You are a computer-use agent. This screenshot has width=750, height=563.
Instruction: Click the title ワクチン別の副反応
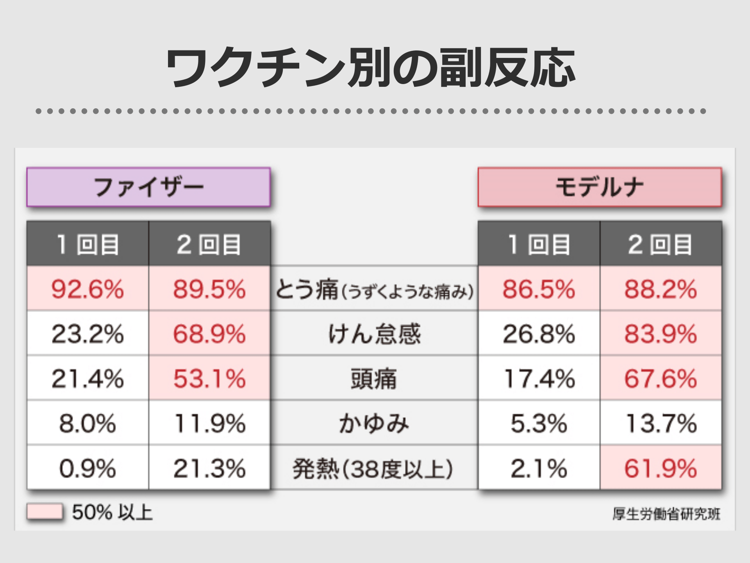(370, 67)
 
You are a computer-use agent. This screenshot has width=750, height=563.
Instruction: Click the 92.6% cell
(87, 289)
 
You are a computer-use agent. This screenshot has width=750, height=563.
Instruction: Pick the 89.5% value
(209, 289)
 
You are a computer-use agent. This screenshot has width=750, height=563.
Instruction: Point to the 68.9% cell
(209, 334)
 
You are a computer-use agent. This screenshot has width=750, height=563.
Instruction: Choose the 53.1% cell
(209, 378)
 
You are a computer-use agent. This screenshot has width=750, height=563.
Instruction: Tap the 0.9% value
(87, 468)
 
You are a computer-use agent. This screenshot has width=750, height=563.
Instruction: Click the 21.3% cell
(209, 468)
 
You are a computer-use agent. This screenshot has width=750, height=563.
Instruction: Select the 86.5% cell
(539, 289)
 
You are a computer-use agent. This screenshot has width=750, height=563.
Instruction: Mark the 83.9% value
(661, 334)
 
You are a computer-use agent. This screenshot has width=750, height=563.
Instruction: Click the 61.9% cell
(661, 468)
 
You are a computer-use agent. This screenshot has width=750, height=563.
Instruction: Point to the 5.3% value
(539, 423)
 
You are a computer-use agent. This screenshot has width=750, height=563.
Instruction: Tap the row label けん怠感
(374, 334)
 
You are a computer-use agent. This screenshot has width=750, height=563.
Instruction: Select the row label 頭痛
(374, 379)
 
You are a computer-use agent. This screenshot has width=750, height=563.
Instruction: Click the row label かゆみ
(374, 423)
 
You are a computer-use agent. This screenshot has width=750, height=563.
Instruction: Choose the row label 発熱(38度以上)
(373, 468)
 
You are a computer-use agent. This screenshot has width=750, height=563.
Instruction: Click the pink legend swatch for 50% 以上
(45, 511)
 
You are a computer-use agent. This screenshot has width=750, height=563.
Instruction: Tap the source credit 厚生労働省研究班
(666, 514)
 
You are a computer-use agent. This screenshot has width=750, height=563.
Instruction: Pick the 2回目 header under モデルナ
(661, 244)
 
